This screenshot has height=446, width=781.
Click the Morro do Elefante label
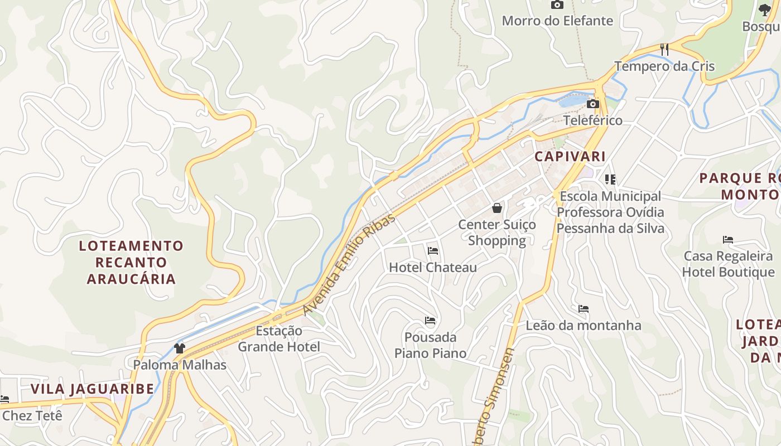tap(557, 21)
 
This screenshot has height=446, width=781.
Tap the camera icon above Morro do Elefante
tap(557, 5)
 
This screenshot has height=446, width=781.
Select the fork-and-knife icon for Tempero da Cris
tap(664, 50)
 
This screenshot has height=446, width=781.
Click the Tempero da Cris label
tap(664, 66)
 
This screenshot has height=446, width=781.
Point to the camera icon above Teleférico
tap(593, 104)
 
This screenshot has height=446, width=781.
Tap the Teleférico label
tap(592, 120)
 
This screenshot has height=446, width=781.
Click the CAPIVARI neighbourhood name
tap(570, 157)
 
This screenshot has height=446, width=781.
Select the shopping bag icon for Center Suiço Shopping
tap(497, 209)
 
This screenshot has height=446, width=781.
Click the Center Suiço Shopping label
tap(497, 232)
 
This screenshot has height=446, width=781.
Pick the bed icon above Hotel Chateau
tap(433, 251)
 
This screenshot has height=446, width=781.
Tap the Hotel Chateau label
tap(433, 268)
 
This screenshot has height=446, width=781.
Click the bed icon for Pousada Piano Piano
tap(430, 321)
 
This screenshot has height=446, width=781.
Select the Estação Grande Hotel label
tap(279, 339)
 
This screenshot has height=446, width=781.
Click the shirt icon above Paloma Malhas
tap(179, 348)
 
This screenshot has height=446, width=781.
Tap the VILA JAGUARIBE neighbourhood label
tap(92, 389)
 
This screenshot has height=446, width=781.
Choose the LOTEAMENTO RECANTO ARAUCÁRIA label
tap(131, 262)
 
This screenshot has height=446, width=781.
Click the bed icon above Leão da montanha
tap(584, 309)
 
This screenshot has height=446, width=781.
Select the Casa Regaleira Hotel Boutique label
tap(728, 264)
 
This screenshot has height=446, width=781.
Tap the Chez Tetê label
tap(32, 416)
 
